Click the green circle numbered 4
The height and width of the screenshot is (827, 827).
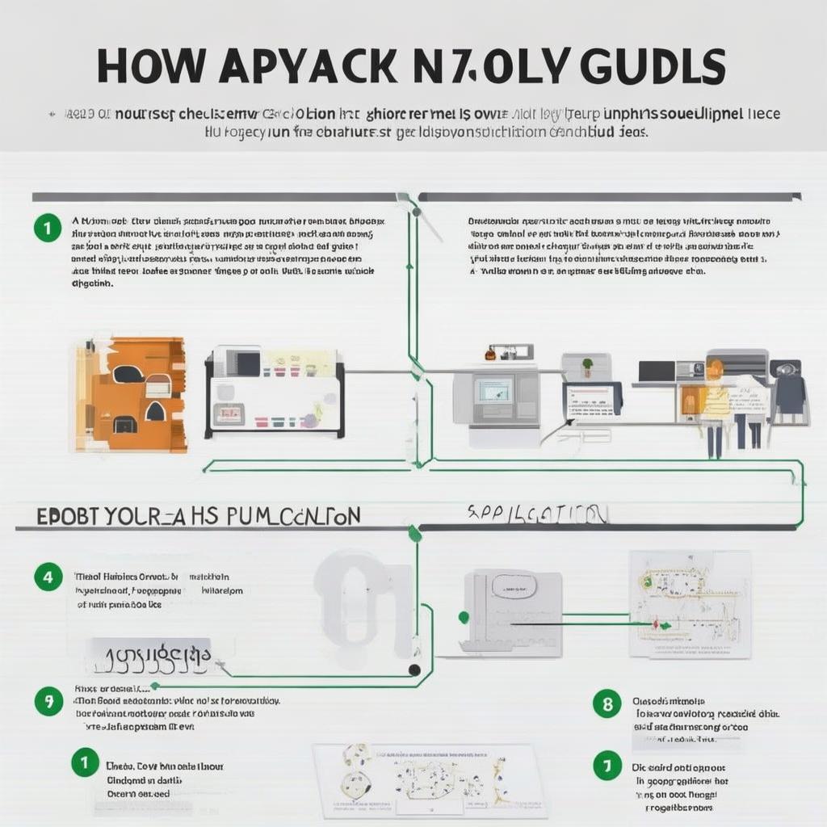point(48,577)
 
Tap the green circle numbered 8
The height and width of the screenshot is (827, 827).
point(607,703)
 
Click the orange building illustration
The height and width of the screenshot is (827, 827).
point(132,395)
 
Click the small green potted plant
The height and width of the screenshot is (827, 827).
point(587,365)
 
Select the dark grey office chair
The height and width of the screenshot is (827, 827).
point(789,393)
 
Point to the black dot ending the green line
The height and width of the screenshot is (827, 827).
point(414,670)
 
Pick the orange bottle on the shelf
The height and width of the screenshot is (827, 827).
point(490,354)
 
